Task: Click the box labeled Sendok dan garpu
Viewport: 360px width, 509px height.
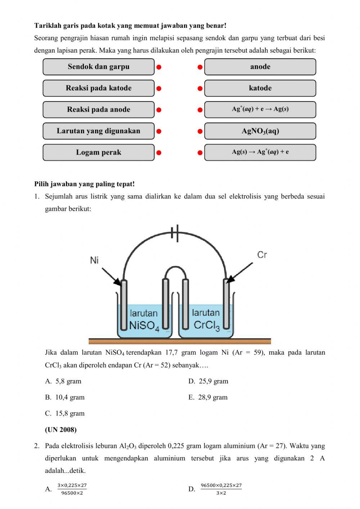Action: click(x=98, y=67)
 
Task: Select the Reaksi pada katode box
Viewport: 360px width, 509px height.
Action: click(x=98, y=88)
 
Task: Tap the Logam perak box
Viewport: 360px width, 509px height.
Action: click(x=98, y=152)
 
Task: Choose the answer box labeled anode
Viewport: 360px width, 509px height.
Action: click(x=260, y=67)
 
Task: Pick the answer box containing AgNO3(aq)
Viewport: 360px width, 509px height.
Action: click(x=260, y=131)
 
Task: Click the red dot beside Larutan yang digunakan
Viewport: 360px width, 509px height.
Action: click(x=159, y=131)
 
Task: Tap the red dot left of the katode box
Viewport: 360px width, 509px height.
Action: click(x=200, y=88)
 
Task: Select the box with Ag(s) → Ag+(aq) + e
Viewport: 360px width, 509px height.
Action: click(x=260, y=152)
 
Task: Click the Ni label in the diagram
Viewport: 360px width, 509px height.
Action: click(x=94, y=260)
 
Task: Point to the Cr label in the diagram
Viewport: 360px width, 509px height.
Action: click(x=262, y=255)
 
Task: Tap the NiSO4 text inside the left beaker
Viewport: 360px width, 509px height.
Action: click(x=144, y=326)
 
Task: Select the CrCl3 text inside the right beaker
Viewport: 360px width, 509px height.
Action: click(x=206, y=325)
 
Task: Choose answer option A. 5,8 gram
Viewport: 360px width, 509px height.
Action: click(x=63, y=381)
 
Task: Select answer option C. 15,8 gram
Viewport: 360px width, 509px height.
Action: click(x=65, y=413)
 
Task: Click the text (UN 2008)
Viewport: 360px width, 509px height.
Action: click(x=61, y=429)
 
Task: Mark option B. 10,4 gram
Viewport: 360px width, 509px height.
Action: click(x=65, y=397)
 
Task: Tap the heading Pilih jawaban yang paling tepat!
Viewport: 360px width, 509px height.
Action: click(x=85, y=184)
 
